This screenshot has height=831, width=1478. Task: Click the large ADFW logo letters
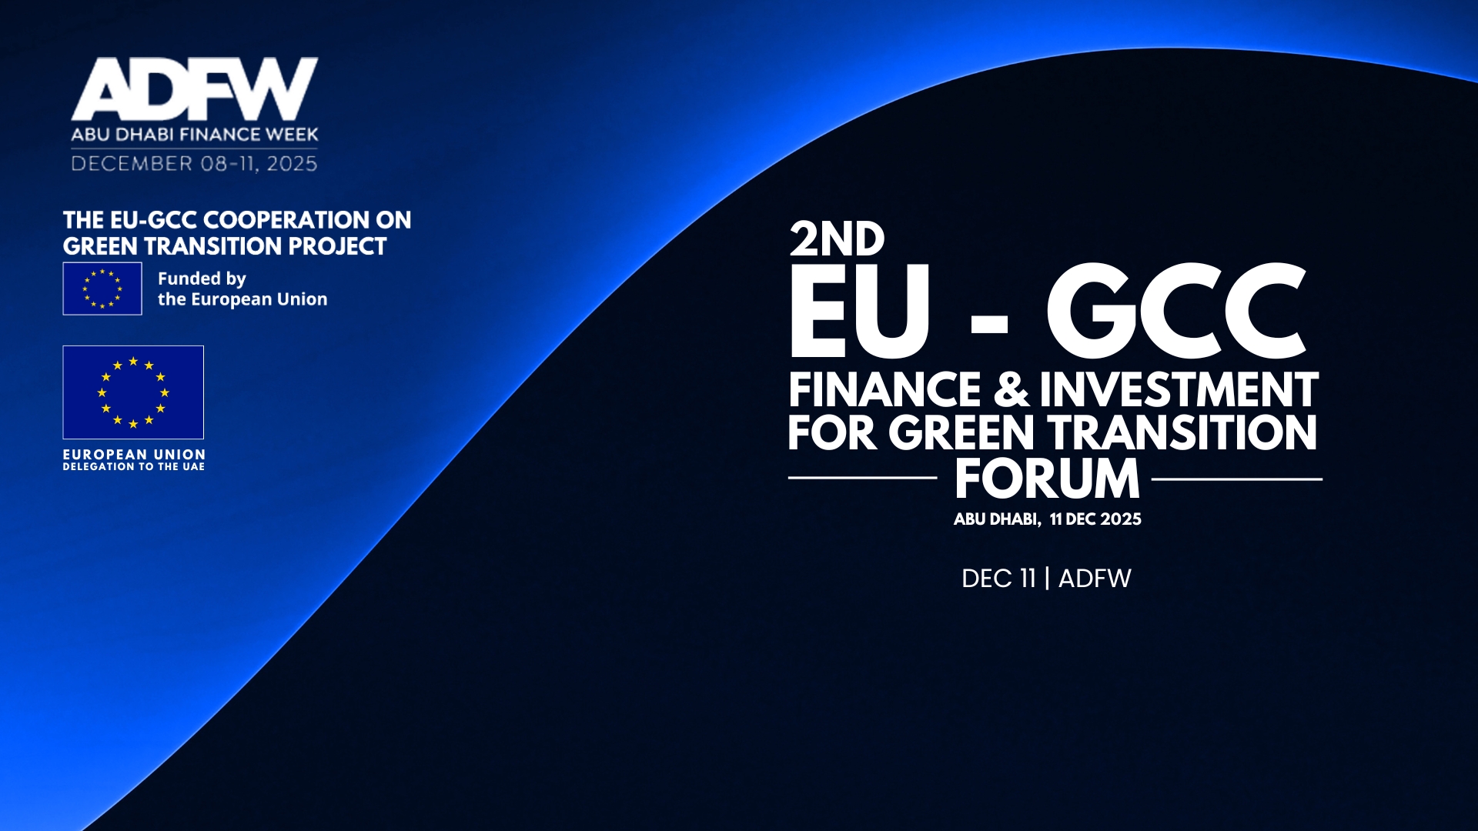(195, 88)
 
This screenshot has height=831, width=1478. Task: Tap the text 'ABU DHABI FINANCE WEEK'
(195, 135)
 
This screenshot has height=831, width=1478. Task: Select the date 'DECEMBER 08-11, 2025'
(194, 164)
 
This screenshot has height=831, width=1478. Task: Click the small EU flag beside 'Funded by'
(102, 289)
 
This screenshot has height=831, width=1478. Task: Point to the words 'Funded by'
(202, 279)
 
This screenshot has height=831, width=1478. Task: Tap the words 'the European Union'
(242, 299)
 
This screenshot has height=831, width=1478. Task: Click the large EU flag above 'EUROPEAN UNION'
(133, 392)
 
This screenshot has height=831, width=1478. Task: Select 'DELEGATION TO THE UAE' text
(134, 467)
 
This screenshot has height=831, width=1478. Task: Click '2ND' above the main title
(838, 239)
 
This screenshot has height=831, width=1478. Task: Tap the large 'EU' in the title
(860, 311)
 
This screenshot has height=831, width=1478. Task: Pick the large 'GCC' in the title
(1175, 311)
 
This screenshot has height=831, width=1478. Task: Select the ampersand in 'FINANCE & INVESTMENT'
(1011, 389)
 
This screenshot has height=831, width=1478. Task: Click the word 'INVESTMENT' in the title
(1179, 389)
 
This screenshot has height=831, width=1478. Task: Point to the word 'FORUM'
(1047, 479)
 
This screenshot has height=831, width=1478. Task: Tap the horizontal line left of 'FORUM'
(862, 478)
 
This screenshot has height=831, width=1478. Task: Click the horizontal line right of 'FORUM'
(1237, 479)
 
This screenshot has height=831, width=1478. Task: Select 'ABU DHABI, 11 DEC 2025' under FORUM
(1048, 519)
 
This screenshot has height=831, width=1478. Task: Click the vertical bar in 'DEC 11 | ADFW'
(1047, 579)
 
